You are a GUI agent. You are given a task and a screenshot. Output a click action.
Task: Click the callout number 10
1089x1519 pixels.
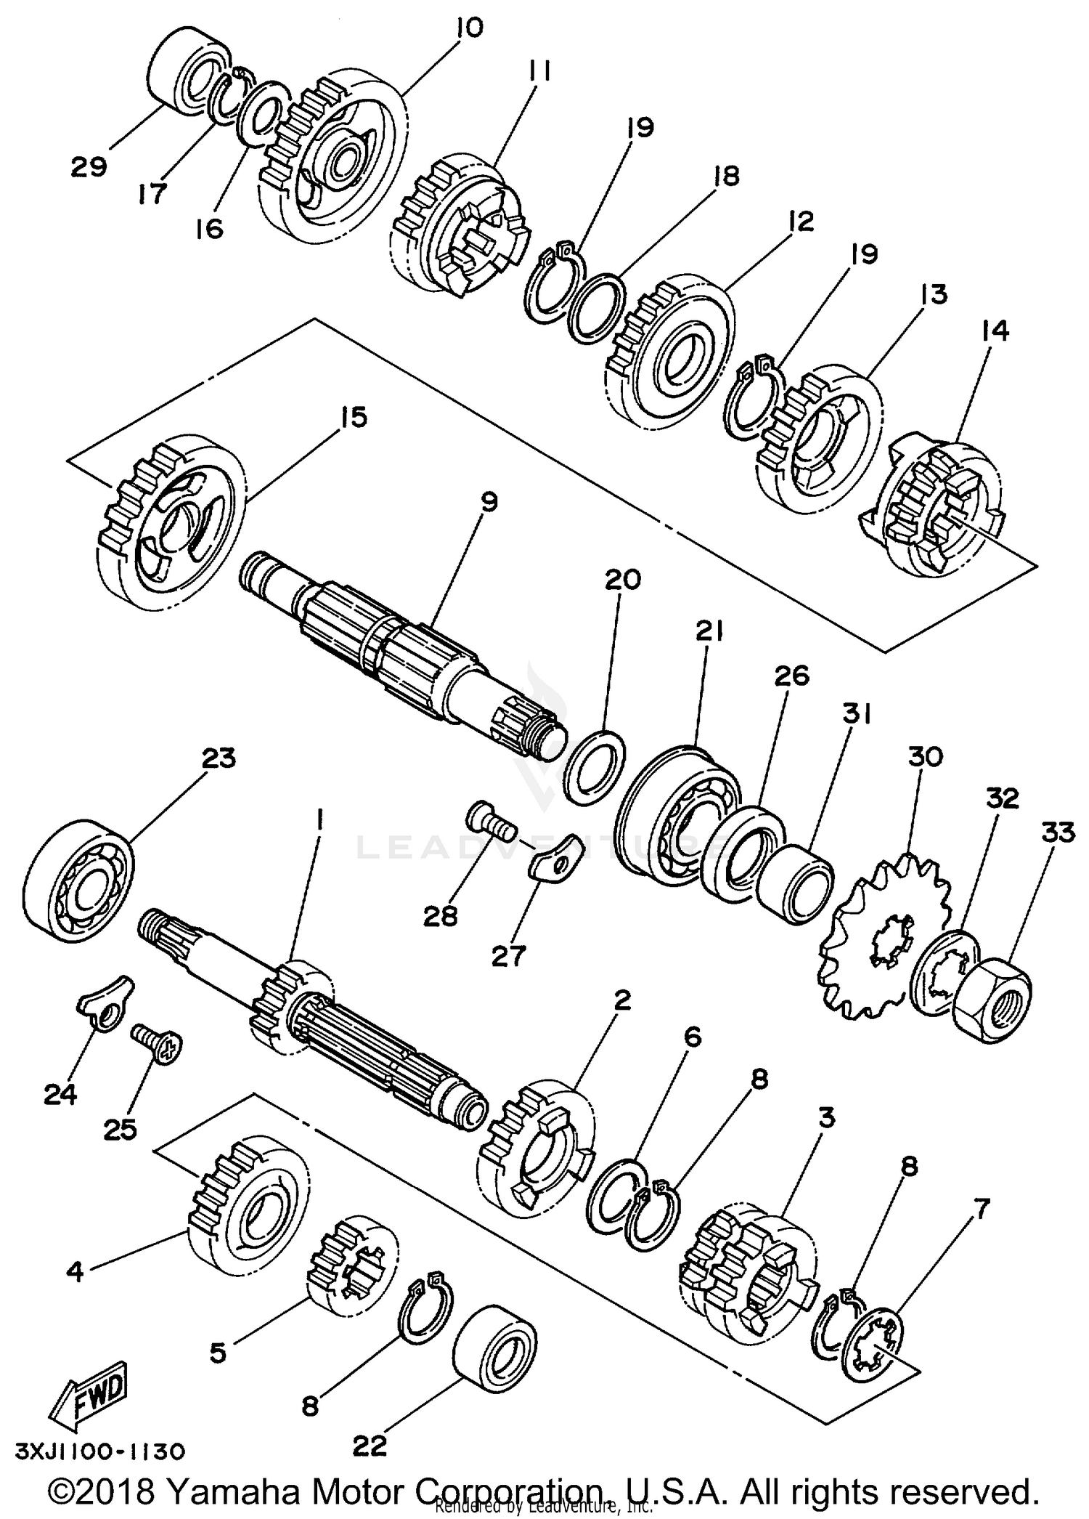click(x=469, y=28)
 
